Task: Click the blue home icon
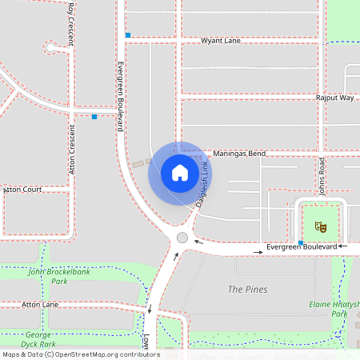pyautogui.click(x=180, y=173)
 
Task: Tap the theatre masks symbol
pyautogui.click(x=321, y=227)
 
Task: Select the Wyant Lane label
pyautogui.click(x=220, y=40)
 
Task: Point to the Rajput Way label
pyautogui.click(x=335, y=98)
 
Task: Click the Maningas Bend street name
pyautogui.click(x=239, y=153)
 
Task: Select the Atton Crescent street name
pyautogui.click(x=72, y=150)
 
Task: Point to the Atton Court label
pyautogui.click(x=23, y=190)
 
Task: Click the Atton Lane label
pyautogui.click(x=40, y=305)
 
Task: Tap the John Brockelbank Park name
pyautogui.click(x=58, y=276)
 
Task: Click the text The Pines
pyautogui.click(x=248, y=289)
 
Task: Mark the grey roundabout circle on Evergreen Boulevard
pyautogui.click(x=182, y=238)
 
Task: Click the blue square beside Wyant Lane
pyautogui.click(x=127, y=35)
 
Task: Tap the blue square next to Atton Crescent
pyautogui.click(x=94, y=117)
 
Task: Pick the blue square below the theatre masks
pyautogui.click(x=301, y=242)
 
